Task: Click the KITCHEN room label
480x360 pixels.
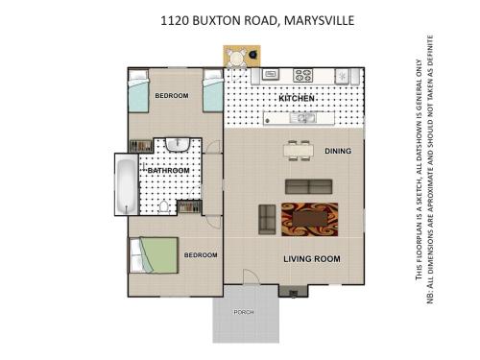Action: [x=297, y=98]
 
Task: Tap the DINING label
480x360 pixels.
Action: [x=338, y=151]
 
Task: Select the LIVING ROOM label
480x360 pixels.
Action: [x=312, y=258]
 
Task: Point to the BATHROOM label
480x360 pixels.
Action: [x=168, y=171]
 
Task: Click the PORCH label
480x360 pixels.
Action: [x=244, y=312]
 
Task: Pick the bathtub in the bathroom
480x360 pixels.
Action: [x=127, y=184]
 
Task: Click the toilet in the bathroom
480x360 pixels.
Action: [x=163, y=206]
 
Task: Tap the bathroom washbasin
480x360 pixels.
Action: [x=178, y=144]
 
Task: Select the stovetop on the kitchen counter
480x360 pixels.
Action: [x=302, y=76]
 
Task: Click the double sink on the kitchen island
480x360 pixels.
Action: [x=302, y=118]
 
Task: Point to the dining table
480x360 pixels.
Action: [x=297, y=151]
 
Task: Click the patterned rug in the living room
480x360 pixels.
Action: [x=309, y=220]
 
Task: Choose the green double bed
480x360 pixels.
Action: [x=154, y=255]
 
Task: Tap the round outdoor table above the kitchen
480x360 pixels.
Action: [x=237, y=58]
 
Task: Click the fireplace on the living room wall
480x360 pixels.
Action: [x=294, y=292]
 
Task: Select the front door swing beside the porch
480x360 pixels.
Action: [x=251, y=276]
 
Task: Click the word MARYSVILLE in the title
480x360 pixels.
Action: [x=319, y=20]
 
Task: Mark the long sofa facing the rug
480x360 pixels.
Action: [x=309, y=186]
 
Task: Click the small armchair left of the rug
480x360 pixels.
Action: [x=267, y=220]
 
